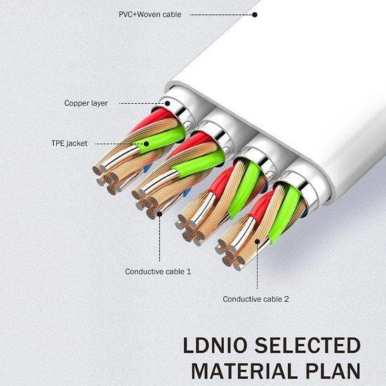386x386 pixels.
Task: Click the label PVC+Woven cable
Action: [x=150, y=15]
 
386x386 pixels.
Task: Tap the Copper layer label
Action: [x=86, y=103]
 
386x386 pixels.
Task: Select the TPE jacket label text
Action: [x=69, y=143]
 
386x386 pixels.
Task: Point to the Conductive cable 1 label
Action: [x=158, y=272]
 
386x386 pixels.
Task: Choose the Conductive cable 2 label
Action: [x=255, y=299]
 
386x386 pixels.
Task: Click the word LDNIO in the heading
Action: [x=215, y=345]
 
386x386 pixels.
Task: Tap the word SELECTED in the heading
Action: [x=307, y=345]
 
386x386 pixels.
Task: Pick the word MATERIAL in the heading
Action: [x=244, y=371]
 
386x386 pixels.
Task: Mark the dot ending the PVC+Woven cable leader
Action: [x=255, y=15]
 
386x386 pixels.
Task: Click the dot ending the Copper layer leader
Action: [x=168, y=103]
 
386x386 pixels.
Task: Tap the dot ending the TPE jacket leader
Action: [x=146, y=144]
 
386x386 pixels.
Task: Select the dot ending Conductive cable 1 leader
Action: [x=159, y=214]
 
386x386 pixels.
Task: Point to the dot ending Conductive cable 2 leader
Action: [x=258, y=241]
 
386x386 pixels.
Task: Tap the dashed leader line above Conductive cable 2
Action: [x=258, y=267]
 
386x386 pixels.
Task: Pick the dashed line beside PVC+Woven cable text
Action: [x=221, y=15]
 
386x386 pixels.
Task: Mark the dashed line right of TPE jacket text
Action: [x=119, y=144]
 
